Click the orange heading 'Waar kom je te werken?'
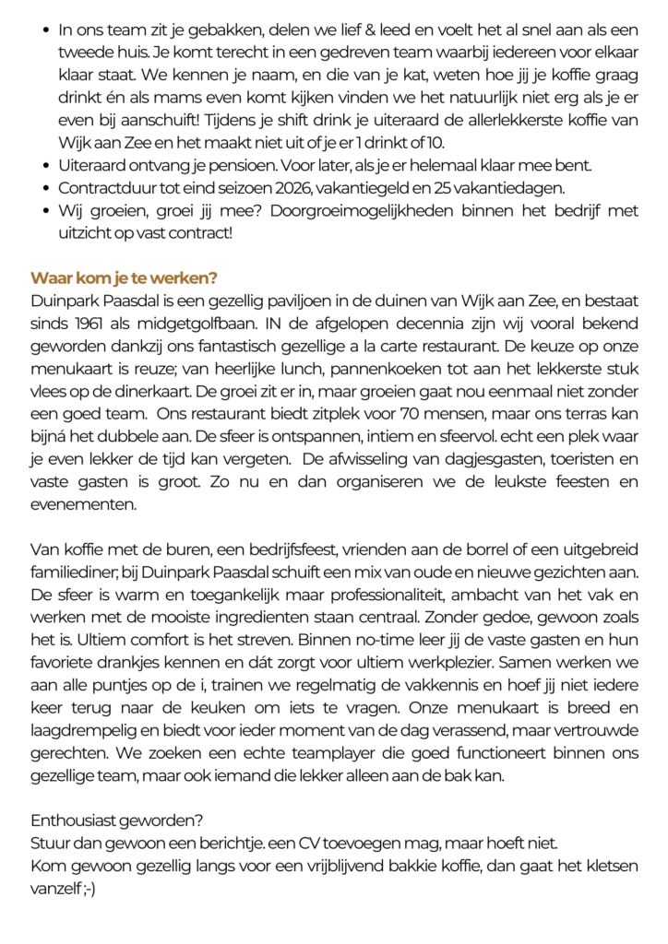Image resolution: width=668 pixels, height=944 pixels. pos(124,278)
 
